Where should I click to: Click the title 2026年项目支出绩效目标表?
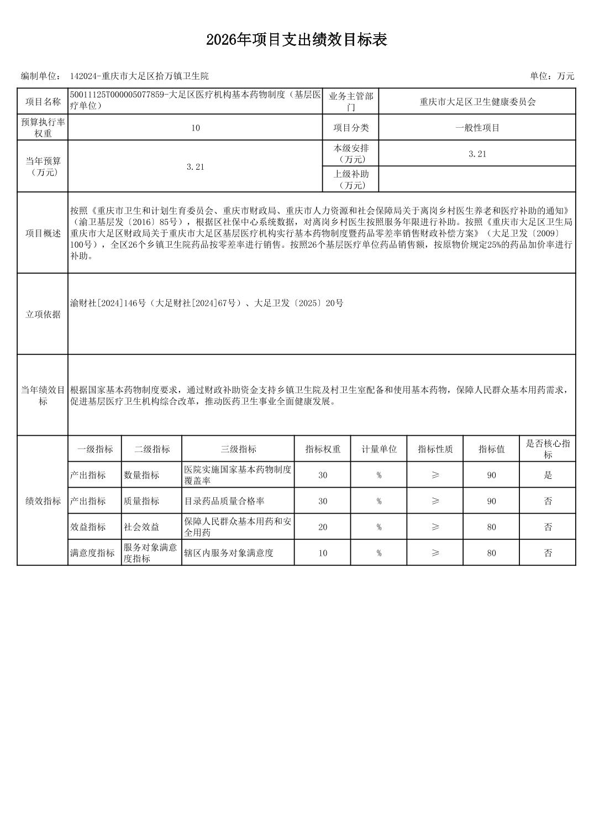click(x=297, y=40)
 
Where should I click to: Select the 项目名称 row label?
click(x=43, y=102)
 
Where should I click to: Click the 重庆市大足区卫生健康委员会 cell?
click(x=477, y=102)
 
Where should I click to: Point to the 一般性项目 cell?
click(x=477, y=128)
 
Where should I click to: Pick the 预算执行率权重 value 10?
click(x=196, y=128)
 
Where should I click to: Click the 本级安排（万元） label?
click(x=351, y=154)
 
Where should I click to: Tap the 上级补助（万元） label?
click(x=351, y=180)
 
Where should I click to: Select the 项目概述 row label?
click(x=43, y=233)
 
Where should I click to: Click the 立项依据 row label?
click(x=43, y=315)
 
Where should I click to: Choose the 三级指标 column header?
click(x=238, y=449)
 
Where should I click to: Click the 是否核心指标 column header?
click(x=548, y=449)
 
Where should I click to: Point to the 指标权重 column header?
click(x=323, y=449)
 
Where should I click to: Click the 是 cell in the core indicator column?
click(x=548, y=475)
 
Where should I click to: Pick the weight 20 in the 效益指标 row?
click(x=323, y=527)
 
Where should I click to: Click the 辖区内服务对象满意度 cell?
click(x=229, y=553)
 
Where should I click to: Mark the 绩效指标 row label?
click(x=43, y=501)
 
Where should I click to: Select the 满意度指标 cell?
click(x=93, y=553)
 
